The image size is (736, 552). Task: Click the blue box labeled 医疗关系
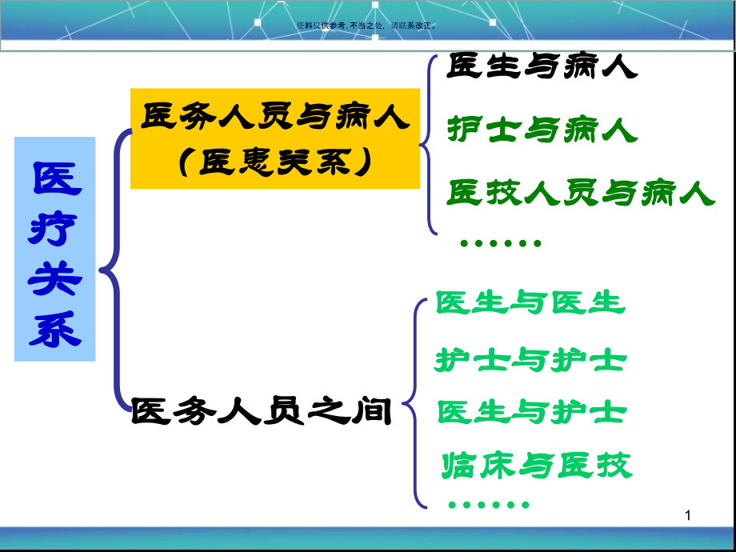tap(55, 249)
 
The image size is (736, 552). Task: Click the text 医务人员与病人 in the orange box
tap(275, 118)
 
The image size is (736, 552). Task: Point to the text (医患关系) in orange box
tap(275, 162)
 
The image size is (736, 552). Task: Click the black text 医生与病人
tap(542, 67)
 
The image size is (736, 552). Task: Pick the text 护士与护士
tap(530, 360)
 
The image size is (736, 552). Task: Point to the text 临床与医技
tap(536, 465)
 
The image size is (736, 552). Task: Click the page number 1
tap(686, 518)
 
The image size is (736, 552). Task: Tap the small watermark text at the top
tap(367, 26)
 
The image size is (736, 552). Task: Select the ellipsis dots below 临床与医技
tap(489, 504)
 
